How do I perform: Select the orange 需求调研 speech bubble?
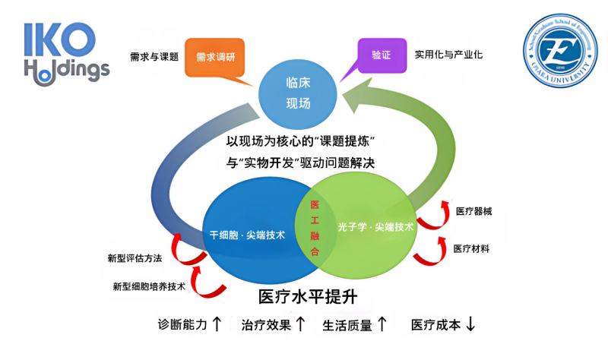[215, 58]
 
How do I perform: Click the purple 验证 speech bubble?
[380, 55]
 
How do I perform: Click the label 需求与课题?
[154, 56]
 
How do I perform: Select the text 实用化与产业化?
[448, 55]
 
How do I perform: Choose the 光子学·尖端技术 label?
[375, 226]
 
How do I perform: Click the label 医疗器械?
[473, 211]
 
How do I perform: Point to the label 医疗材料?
[471, 248]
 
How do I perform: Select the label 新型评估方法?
[135, 258]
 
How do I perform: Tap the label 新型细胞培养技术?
[149, 286]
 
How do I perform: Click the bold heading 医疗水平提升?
[308, 295]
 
